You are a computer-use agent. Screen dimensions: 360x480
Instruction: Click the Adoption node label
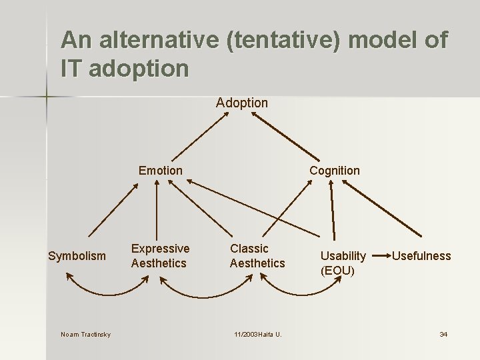(241, 103)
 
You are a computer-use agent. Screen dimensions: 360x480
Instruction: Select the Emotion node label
(160, 171)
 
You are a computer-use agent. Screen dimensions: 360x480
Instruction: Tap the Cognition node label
(334, 171)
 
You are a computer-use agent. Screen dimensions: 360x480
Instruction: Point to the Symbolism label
(77, 256)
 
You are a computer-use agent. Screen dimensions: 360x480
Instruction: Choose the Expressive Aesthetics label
(160, 256)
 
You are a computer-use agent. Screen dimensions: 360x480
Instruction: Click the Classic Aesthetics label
(257, 256)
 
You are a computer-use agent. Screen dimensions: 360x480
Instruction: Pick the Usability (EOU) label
(343, 263)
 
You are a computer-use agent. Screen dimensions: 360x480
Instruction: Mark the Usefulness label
(421, 256)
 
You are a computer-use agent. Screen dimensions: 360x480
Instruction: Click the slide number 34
(443, 334)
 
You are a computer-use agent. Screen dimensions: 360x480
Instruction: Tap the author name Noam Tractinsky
(85, 334)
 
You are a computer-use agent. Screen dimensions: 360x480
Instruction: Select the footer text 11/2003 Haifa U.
(257, 334)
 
